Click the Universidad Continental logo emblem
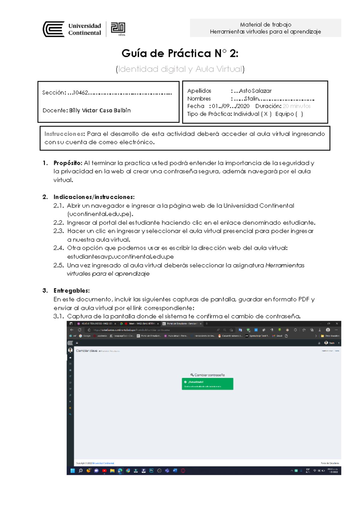54,29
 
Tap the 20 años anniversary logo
118,29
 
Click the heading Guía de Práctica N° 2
180,53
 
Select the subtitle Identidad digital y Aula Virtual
180,69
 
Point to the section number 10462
80,93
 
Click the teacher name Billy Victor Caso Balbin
100,110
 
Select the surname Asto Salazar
255,91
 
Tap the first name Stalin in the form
251,99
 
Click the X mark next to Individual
266,114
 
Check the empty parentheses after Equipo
299,114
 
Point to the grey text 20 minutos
296,106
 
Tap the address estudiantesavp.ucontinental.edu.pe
120,257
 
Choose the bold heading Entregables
71,290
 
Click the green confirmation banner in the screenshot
207,384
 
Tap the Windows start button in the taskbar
72,471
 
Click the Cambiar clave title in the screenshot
86,351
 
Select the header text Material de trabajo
265,25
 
